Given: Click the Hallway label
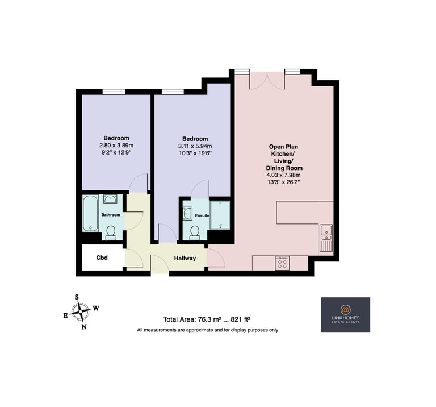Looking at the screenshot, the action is (x=185, y=258).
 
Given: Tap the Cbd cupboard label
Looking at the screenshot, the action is (x=102, y=258).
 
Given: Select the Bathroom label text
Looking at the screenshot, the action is (x=111, y=215).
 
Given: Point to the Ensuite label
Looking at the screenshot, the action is (x=202, y=215).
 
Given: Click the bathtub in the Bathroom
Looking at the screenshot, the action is (x=90, y=214).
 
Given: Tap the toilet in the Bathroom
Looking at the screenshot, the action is (x=111, y=232).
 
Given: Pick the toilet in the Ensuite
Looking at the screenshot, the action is (x=195, y=233).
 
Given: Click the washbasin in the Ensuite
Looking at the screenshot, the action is (x=188, y=214).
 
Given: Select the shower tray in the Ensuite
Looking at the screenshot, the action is (x=220, y=215).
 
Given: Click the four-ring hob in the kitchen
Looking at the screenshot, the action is (x=282, y=263).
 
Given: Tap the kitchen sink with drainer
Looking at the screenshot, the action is (x=326, y=238).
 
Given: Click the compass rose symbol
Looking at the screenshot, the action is (x=81, y=312).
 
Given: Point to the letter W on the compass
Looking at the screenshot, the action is (x=96, y=308).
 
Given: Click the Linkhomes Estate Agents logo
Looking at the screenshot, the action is (x=346, y=314).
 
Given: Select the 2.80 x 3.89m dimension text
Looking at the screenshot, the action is (x=116, y=146).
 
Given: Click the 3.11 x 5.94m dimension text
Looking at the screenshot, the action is (x=195, y=146).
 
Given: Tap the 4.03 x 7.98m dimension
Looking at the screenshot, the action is (x=284, y=175).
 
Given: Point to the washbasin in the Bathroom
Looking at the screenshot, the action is (x=111, y=200).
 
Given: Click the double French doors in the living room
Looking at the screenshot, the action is (x=267, y=81).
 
